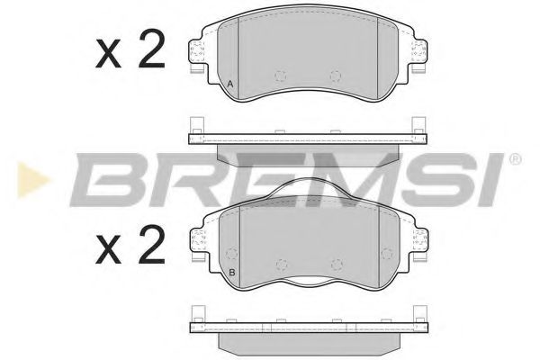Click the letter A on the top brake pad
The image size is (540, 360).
point(230,85)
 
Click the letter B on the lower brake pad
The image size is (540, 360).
point(231,273)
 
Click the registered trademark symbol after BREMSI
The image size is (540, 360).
point(514,159)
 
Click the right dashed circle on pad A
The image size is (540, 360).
point(336,76)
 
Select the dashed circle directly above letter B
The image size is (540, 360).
point(230,253)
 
